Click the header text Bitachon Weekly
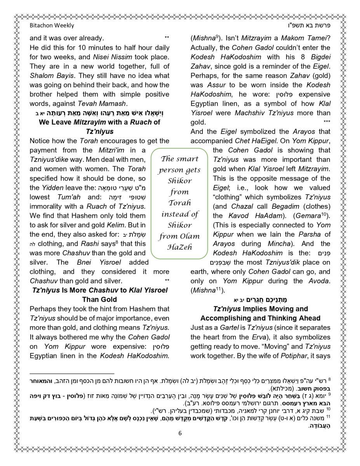pyautogui.click(x=52, y=26)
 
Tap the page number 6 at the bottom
pyautogui.click(x=180, y=433)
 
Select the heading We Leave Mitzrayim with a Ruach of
pyautogui.click(x=99, y=122)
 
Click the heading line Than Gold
pyautogui.click(x=99, y=299)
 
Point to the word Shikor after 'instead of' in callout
pyautogui.click(x=179, y=225)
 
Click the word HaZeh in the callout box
pyautogui.click(x=179, y=247)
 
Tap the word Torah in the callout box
pyautogui.click(x=179, y=203)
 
